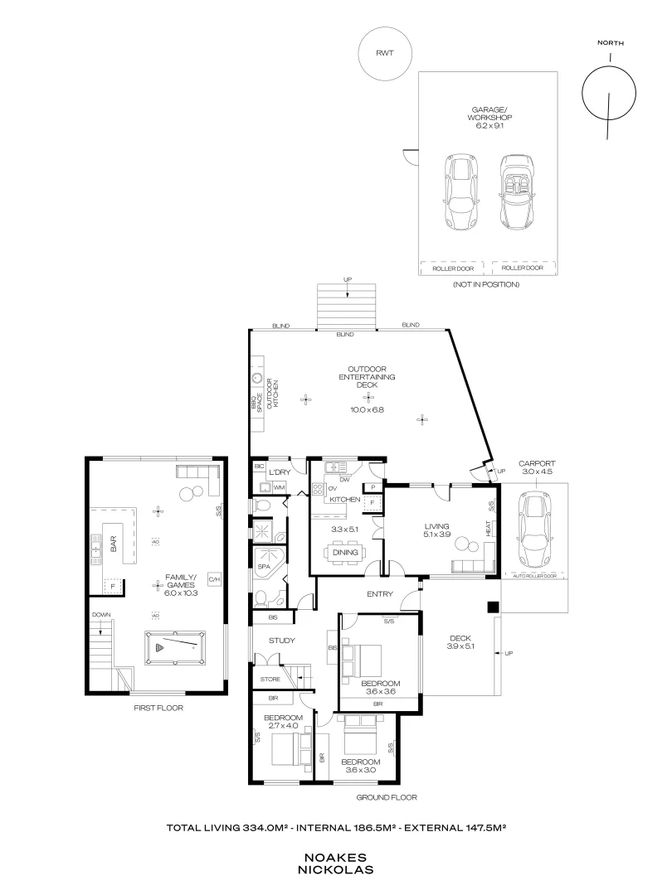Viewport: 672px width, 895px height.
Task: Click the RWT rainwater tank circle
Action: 384,53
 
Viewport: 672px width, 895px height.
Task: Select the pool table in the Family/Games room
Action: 174,648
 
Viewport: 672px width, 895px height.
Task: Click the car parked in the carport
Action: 530,527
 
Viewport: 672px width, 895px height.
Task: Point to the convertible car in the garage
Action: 516,192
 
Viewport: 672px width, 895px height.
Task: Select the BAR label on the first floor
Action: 113,544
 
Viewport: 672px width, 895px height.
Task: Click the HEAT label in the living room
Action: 488,527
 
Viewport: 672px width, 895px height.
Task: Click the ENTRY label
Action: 379,594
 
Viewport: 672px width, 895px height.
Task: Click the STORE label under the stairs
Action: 270,680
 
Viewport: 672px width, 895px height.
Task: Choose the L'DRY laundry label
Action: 279,472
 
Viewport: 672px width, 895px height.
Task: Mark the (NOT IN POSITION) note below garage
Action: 486,284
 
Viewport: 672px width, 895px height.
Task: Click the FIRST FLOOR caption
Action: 158,708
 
